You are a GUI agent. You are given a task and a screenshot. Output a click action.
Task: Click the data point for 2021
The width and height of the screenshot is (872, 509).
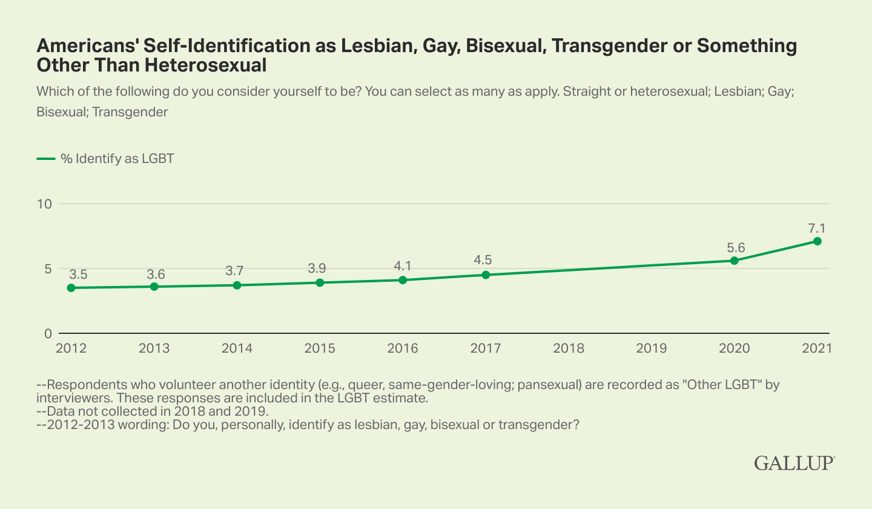pos(817,241)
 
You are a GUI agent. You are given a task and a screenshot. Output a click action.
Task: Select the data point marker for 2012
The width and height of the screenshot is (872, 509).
pos(71,288)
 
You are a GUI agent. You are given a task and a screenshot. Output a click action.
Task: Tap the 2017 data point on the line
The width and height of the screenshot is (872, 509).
pos(486,275)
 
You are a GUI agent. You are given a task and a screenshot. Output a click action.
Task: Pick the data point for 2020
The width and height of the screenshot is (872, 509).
pos(734,261)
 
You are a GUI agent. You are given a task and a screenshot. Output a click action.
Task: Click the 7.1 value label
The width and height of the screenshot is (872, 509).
pos(817,228)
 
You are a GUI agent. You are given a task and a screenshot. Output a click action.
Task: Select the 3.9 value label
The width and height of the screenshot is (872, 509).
pos(320,268)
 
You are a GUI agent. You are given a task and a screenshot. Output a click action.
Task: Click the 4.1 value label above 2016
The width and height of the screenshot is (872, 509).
pos(403,266)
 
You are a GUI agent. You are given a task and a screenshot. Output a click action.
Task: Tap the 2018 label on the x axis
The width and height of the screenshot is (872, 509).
pos(569,348)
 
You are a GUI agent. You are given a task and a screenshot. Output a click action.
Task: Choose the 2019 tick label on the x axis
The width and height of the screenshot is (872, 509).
pos(652,348)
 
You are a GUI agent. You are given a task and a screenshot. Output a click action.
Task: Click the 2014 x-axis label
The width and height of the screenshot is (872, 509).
pos(237,348)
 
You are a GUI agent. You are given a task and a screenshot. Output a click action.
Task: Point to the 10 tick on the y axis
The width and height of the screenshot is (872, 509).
pos(44,204)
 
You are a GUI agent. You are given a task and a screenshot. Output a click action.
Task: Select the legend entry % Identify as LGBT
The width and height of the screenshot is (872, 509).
pos(106,159)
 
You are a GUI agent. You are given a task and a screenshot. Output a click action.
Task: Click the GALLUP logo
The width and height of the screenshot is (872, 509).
pos(794,463)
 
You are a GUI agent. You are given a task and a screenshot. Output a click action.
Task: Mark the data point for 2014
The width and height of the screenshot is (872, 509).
pos(237,285)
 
